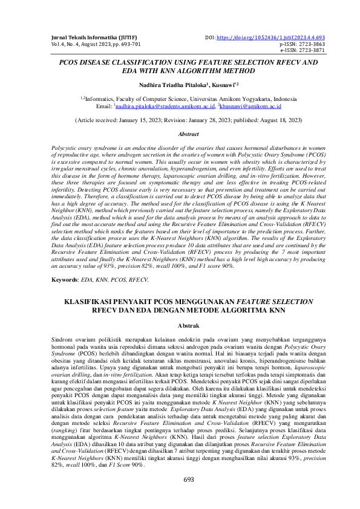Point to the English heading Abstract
tap(180, 133)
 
